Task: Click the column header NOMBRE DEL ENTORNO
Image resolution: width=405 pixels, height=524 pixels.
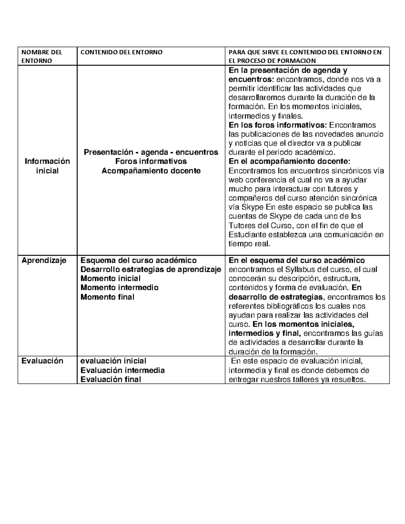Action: pos(42,56)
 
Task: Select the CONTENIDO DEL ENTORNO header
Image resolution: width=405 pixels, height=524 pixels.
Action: pos(121,52)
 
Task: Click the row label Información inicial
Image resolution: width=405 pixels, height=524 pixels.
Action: pos(47,166)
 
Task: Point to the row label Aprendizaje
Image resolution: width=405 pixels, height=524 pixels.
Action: pos(44,260)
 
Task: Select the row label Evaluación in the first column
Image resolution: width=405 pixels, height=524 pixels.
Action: pos(42,361)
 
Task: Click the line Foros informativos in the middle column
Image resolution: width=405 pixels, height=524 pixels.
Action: pos(151,161)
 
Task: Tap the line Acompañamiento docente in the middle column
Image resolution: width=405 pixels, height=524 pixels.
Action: pos(151,171)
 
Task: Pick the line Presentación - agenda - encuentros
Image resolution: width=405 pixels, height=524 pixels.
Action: pos(151,152)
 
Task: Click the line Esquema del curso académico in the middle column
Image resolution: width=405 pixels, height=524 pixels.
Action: pos(138,260)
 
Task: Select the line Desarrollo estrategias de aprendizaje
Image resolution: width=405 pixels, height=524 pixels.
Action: pos(151,269)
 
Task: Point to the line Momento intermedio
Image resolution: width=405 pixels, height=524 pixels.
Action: pos(119,287)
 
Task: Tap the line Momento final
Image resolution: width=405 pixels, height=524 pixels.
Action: pos(107,297)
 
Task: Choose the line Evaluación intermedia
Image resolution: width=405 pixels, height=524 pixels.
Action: pos(123,370)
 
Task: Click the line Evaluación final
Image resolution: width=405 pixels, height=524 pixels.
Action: pos(111,379)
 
